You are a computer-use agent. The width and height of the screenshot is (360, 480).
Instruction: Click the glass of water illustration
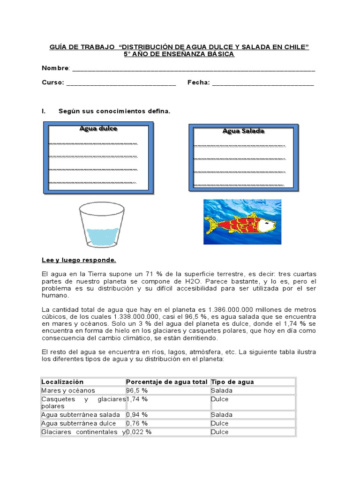102,226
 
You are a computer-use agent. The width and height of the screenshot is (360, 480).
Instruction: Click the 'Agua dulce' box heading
98,128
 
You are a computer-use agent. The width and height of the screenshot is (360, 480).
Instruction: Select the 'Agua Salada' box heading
243,131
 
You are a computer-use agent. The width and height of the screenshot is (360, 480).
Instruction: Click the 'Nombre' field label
55,68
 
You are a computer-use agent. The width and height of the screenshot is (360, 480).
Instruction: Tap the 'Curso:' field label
52,82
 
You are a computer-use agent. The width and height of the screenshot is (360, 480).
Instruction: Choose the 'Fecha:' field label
198,82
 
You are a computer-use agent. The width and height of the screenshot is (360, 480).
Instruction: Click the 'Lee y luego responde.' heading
79,260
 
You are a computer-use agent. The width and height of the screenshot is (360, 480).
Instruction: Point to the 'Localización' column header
62,382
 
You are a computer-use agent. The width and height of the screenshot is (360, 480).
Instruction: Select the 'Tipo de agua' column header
232,382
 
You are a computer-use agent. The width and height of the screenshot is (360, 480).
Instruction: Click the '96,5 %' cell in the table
136,390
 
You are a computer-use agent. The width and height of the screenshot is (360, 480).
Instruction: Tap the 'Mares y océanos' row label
68,390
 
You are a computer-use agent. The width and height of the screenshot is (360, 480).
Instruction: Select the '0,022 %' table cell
138,432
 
